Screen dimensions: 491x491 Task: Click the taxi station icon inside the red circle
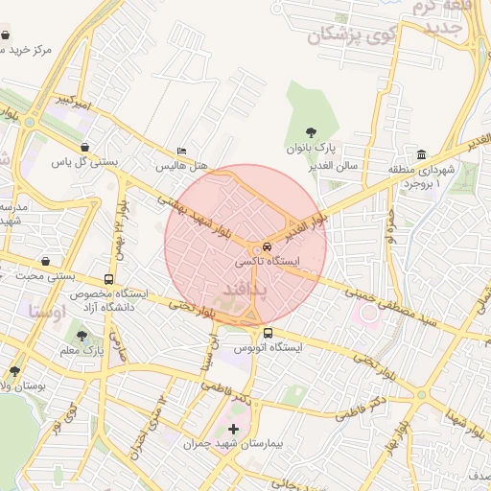[x=267, y=245]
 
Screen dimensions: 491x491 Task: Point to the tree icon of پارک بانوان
[x=310, y=132]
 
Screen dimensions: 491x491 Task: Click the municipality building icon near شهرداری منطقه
[x=421, y=155]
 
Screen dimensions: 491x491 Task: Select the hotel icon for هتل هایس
[x=182, y=152]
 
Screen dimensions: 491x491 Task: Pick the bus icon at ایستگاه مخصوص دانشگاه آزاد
[x=107, y=279]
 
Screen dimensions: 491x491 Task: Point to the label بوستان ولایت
[x=20, y=385]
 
